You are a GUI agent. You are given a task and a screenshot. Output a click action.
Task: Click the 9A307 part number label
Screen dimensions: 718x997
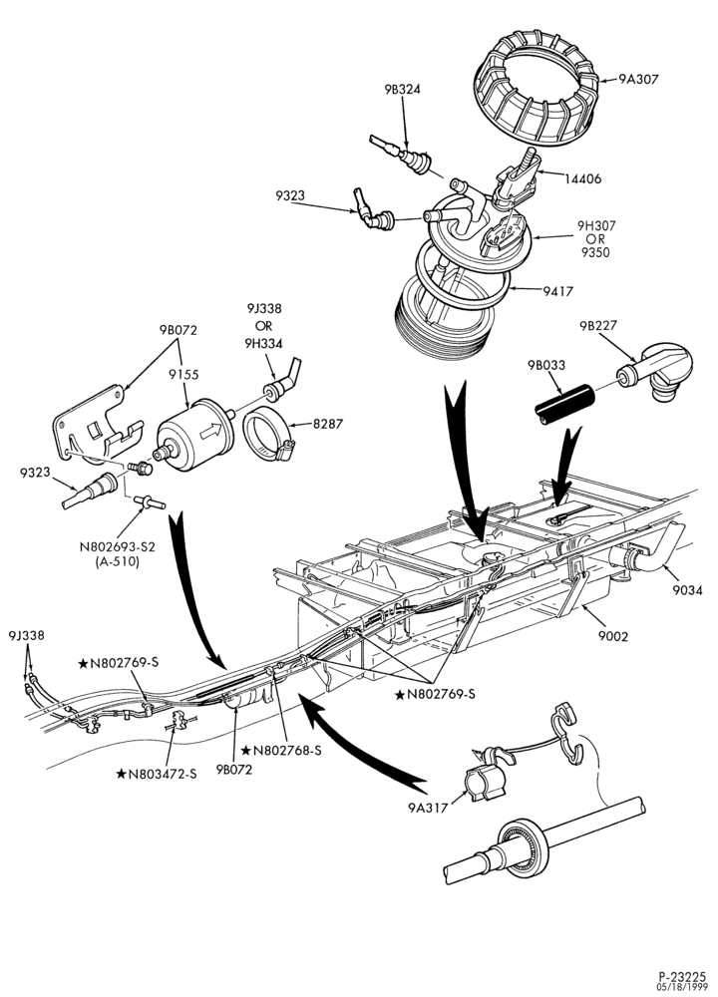(x=638, y=80)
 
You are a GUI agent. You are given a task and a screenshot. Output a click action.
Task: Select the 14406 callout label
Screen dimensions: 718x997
(x=582, y=179)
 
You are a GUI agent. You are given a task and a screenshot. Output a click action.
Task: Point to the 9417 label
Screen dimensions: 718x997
(x=557, y=292)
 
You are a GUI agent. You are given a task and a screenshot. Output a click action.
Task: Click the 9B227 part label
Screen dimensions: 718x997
(x=597, y=326)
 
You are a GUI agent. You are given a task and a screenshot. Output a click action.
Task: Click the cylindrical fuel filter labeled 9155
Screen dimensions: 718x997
(x=195, y=435)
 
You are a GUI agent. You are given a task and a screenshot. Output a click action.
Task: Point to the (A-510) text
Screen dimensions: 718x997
(x=117, y=562)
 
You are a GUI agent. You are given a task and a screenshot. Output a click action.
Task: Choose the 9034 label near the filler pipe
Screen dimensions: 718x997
(x=687, y=590)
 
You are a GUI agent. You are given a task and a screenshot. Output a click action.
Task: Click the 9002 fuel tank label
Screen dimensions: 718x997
(x=612, y=636)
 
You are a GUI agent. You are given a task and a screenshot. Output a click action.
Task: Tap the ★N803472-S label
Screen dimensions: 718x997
(x=157, y=774)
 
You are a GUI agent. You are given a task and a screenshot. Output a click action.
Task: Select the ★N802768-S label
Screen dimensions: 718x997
(x=281, y=751)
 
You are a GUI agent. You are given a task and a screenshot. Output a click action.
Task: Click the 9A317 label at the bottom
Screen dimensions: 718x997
(x=428, y=808)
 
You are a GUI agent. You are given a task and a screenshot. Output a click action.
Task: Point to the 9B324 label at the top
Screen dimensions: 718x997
(x=402, y=90)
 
